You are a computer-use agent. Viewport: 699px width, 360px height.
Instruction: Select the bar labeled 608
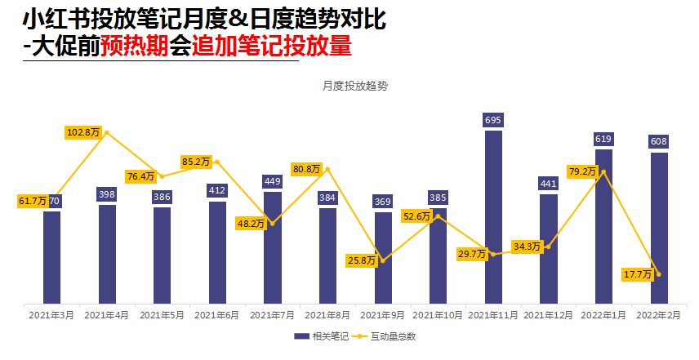(659, 229)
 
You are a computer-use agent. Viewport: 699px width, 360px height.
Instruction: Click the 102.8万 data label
(84, 131)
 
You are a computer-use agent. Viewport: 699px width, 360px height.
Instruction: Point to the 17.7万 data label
(637, 274)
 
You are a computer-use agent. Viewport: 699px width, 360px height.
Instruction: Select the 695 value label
(493, 121)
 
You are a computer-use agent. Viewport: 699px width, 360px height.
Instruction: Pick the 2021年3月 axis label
(51, 314)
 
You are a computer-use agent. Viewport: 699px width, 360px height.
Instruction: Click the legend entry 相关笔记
(324, 336)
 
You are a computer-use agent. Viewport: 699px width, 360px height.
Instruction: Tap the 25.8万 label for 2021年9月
(360, 261)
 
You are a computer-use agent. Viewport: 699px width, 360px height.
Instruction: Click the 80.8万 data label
(305, 169)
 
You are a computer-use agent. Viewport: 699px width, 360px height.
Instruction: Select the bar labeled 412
(217, 253)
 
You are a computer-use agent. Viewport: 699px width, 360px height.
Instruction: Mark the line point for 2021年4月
(107, 132)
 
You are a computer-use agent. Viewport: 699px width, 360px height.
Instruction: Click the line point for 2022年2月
(658, 274)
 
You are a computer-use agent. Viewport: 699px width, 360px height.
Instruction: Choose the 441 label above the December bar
(549, 184)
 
